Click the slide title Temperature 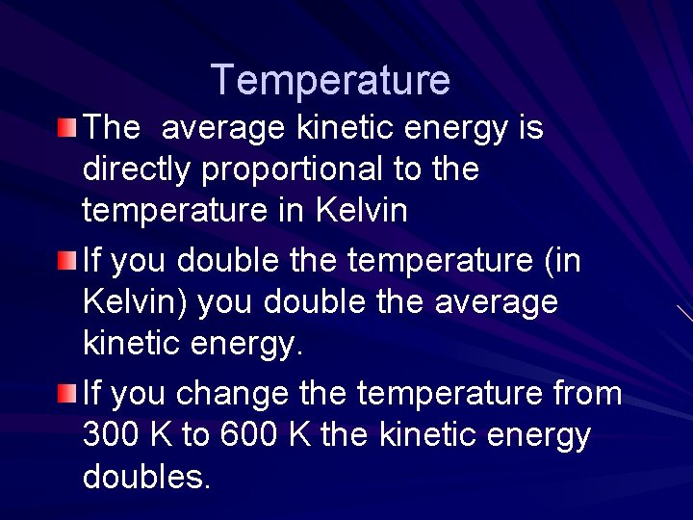(x=330, y=80)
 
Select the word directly (x=138, y=170)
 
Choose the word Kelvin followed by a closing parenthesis (x=134, y=301)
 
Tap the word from (x=589, y=394)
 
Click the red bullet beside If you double (x=64, y=259)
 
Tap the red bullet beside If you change (x=64, y=392)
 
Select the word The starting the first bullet (x=113, y=128)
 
